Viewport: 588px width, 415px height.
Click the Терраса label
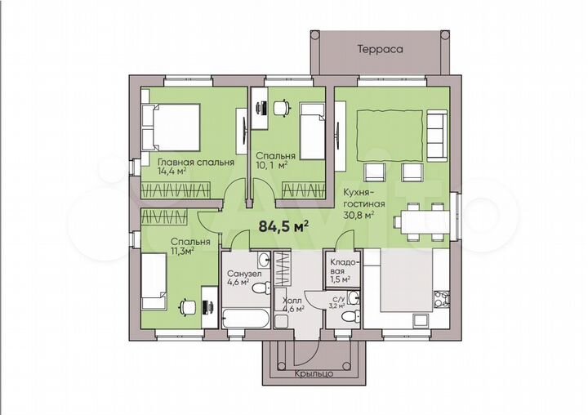pyautogui.click(x=380, y=49)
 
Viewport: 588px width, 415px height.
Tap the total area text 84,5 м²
pyautogui.click(x=284, y=226)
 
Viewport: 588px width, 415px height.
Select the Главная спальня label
pyautogui.click(x=196, y=163)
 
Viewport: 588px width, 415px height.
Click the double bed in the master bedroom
pyautogui.click(x=171, y=127)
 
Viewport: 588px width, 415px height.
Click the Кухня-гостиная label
pyautogui.click(x=364, y=199)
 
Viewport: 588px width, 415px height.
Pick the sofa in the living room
pyautogui.click(x=437, y=136)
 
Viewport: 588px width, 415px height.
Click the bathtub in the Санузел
pyautogui.click(x=246, y=319)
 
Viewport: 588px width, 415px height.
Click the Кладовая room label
pyautogui.click(x=344, y=267)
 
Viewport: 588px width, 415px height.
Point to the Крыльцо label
pyautogui.click(x=314, y=373)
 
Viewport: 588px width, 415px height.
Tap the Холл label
pyautogui.click(x=292, y=300)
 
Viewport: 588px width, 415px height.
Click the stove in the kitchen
pyautogui.click(x=442, y=300)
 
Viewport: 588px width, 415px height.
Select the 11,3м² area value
pyautogui.click(x=182, y=251)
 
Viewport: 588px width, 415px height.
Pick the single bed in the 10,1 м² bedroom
pyautogui.click(x=312, y=132)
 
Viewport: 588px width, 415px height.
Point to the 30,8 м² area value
pyautogui.click(x=359, y=216)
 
